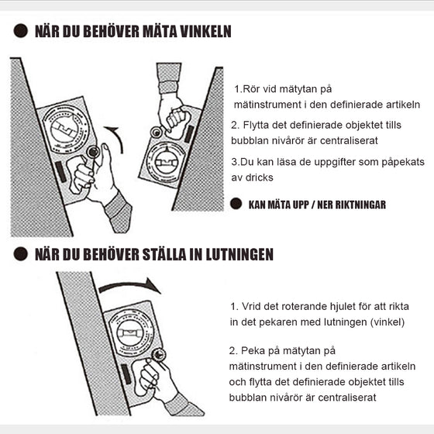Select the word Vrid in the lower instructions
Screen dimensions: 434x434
point(256,307)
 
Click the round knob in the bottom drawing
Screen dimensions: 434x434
point(159,355)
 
